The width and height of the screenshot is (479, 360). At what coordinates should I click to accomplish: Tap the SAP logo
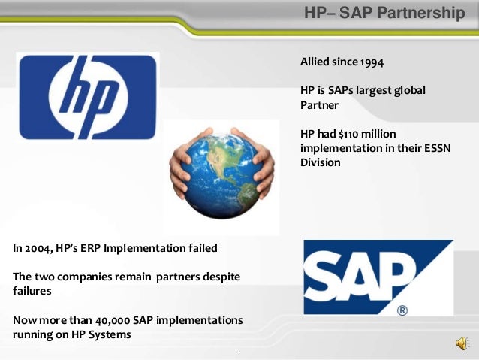pos(378,277)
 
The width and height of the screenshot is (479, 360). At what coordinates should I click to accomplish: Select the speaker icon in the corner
pos(461,343)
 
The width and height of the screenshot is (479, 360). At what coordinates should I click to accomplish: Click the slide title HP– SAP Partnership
pos(384,14)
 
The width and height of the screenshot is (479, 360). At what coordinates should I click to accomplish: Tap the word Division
pos(321,162)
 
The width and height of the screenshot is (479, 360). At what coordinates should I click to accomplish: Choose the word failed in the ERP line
pos(200,248)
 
